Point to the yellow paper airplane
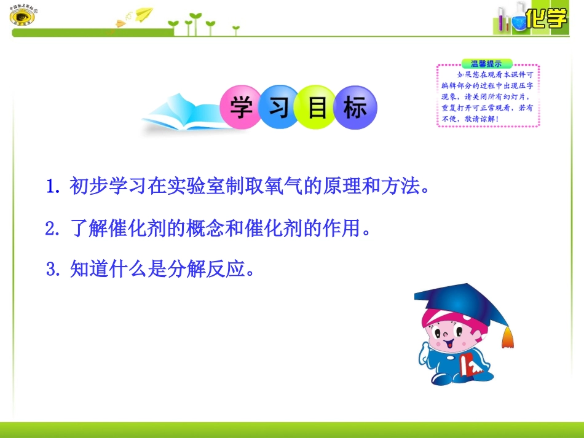click(144, 14)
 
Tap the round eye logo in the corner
click(23, 17)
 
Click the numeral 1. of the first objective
click(53, 186)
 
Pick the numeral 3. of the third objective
click(53, 269)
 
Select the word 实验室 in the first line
click(188, 186)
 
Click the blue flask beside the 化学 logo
click(519, 21)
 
